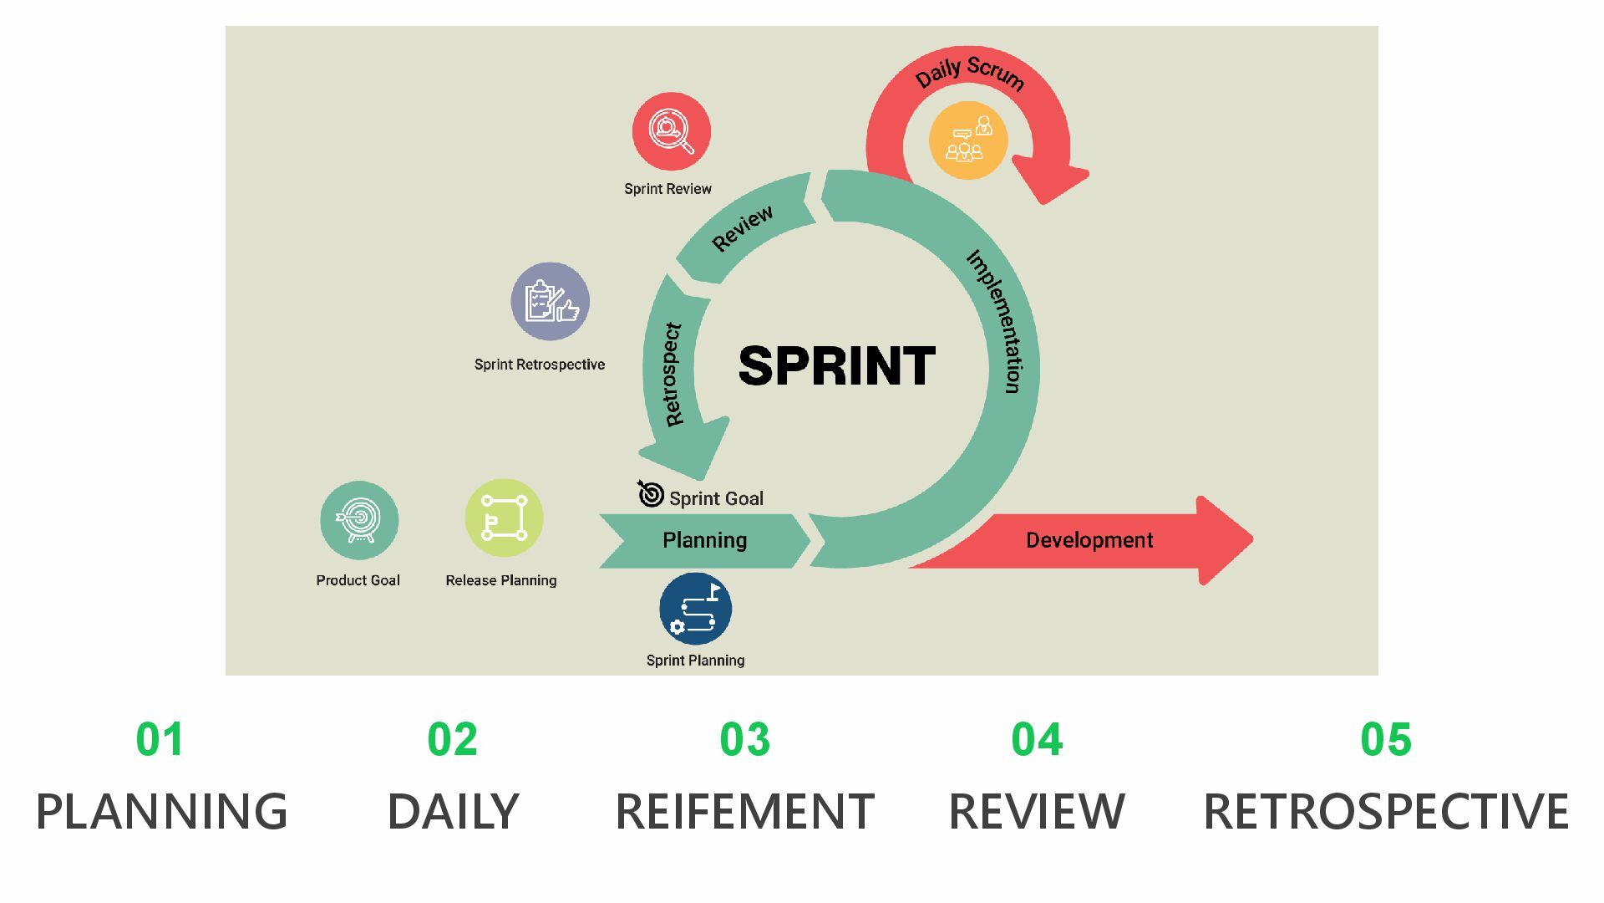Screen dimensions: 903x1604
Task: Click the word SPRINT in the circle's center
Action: click(837, 366)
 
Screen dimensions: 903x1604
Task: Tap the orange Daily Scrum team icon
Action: click(968, 140)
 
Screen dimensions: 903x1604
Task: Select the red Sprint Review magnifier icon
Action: click(671, 132)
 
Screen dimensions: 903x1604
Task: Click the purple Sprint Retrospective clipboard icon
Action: click(551, 302)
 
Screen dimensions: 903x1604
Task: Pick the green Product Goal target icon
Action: click(359, 520)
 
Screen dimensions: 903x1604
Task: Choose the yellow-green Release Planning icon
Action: click(504, 518)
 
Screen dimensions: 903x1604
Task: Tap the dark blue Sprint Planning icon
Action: click(695, 609)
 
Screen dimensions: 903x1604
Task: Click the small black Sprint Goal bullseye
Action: click(650, 494)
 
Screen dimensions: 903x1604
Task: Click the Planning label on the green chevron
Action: click(704, 540)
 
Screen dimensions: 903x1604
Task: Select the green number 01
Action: click(160, 739)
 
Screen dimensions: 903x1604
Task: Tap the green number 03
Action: click(744, 739)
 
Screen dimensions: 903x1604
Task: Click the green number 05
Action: click(1385, 739)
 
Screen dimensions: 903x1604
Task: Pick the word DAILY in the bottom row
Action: click(453, 811)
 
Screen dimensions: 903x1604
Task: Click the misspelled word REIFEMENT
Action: click(744, 811)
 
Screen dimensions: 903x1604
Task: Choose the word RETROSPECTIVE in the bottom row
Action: click(1385, 811)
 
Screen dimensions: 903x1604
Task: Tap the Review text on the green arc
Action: click(742, 228)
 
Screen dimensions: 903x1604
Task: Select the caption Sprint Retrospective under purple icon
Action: click(540, 365)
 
